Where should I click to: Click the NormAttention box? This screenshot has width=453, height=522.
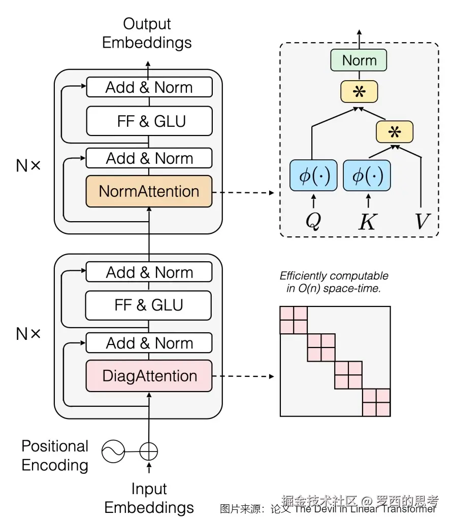pos(149,191)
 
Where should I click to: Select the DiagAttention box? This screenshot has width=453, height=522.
pos(149,376)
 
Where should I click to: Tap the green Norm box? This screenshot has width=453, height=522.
pos(359,60)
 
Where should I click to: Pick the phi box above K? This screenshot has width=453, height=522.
pos(367,176)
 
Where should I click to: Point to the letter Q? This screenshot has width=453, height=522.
pos(313,221)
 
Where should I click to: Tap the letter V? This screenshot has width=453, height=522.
pos(421,221)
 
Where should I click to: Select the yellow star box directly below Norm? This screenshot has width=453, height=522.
pos(359,92)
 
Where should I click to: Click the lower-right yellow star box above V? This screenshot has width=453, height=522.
pos(395,131)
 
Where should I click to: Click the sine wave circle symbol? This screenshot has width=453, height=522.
pos(113,450)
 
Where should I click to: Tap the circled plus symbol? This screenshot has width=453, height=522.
pos(149,450)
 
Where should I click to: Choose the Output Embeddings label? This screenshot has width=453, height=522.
pos(147,33)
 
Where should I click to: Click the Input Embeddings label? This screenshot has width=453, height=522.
pos(149,498)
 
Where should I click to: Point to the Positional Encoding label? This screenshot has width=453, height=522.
pos(55,456)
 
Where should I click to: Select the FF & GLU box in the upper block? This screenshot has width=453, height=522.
pos(149,121)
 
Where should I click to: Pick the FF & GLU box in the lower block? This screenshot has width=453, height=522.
pos(149,305)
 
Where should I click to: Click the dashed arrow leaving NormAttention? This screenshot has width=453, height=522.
pos(244,192)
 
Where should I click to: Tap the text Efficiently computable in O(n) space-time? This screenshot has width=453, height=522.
pos(334,283)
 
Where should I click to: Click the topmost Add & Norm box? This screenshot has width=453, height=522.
pos(149,87)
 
